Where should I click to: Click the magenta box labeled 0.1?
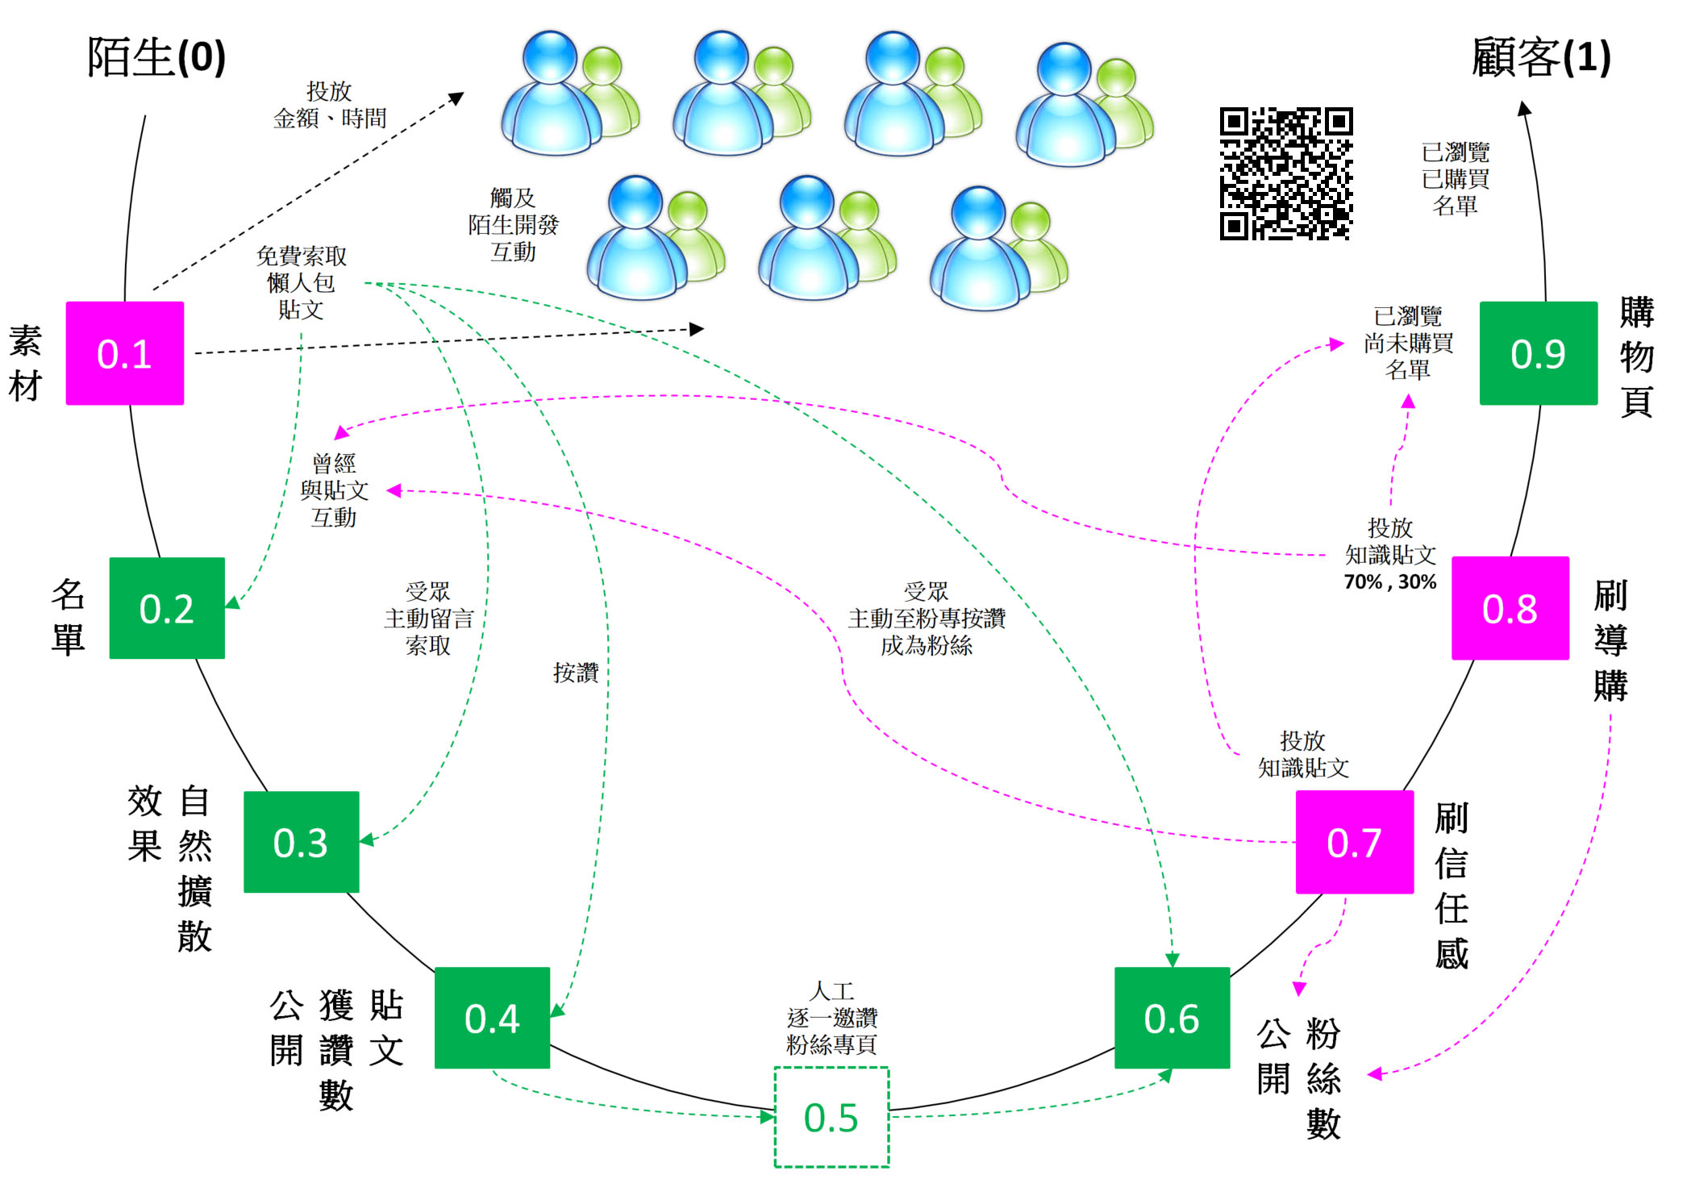(124, 353)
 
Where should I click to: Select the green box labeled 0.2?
(167, 608)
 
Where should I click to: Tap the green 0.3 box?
(301, 842)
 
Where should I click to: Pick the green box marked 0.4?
(492, 1018)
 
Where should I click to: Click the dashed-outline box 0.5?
(831, 1117)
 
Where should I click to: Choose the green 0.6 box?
(1172, 1018)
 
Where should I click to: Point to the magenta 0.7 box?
(1354, 842)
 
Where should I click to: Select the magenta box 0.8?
(1510, 608)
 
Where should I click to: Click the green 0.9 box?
(1538, 353)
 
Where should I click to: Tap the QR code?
(1285, 173)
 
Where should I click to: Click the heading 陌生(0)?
(156, 58)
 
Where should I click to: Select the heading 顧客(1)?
(1541, 58)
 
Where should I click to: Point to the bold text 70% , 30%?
(1389, 581)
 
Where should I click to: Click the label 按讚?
(575, 672)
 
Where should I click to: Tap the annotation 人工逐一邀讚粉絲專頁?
(831, 1018)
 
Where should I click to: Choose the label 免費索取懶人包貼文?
(301, 282)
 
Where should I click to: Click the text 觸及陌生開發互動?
(513, 225)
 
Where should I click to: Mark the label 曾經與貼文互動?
(334, 490)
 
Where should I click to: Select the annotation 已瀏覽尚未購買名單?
(1408, 343)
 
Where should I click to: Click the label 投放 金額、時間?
(330, 105)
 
